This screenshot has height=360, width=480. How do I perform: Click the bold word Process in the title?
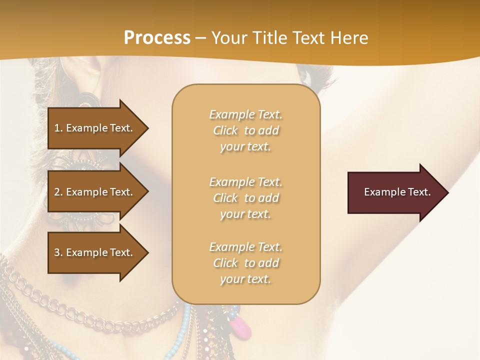point(157,37)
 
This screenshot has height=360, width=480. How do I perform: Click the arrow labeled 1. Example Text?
point(95,128)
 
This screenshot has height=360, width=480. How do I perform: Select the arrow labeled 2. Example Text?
point(95,192)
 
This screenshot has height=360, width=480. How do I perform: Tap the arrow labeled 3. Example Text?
point(95,252)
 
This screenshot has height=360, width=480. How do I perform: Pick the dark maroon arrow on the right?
point(395,192)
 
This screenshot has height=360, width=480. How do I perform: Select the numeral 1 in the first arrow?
point(57,128)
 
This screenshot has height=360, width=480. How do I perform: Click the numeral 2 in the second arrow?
point(57,192)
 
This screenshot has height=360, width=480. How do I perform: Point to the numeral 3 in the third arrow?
point(57,252)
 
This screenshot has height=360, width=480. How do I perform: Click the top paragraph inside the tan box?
point(246,130)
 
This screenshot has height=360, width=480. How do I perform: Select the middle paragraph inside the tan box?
point(246,198)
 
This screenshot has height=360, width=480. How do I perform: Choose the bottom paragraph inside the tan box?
point(246,263)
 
